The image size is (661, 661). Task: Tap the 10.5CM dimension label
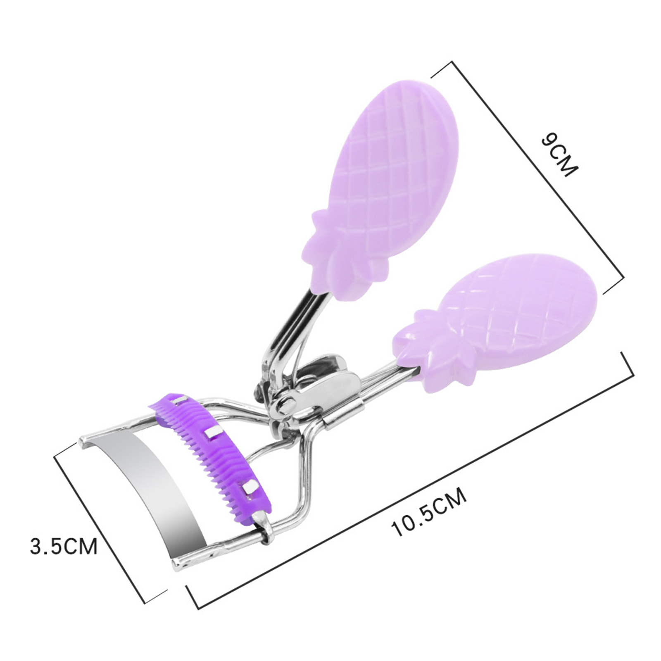tap(430, 512)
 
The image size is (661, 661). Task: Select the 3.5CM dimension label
tap(64, 546)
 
